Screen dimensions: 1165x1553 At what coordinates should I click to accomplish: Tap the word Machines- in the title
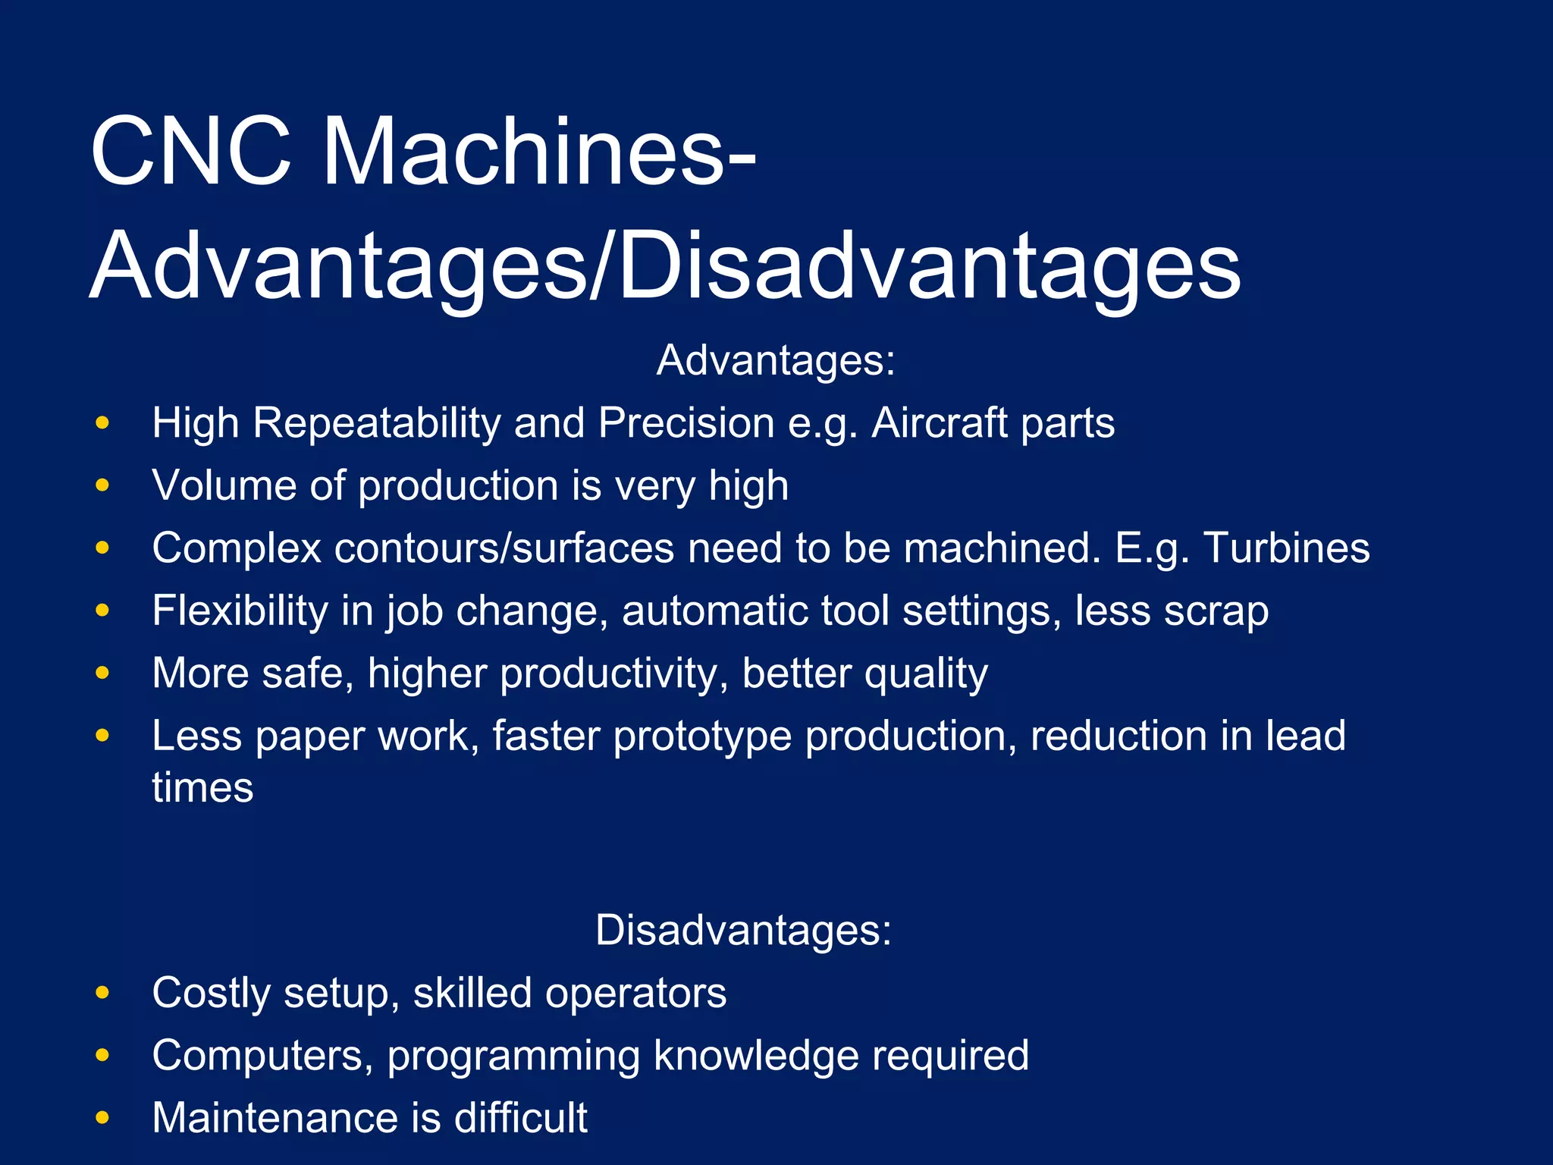tap(539, 151)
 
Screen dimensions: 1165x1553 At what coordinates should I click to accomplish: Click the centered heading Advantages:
tap(776, 360)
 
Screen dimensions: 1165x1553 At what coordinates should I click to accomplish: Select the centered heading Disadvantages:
tap(743, 930)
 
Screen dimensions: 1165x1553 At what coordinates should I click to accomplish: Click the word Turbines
tap(1286, 548)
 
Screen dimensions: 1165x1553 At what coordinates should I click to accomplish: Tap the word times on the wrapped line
tap(202, 787)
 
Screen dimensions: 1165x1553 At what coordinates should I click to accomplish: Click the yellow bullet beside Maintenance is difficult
tap(103, 1118)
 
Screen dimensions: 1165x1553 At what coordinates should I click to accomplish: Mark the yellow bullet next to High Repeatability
tap(103, 422)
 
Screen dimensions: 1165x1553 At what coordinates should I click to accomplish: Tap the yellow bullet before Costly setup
tap(103, 993)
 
